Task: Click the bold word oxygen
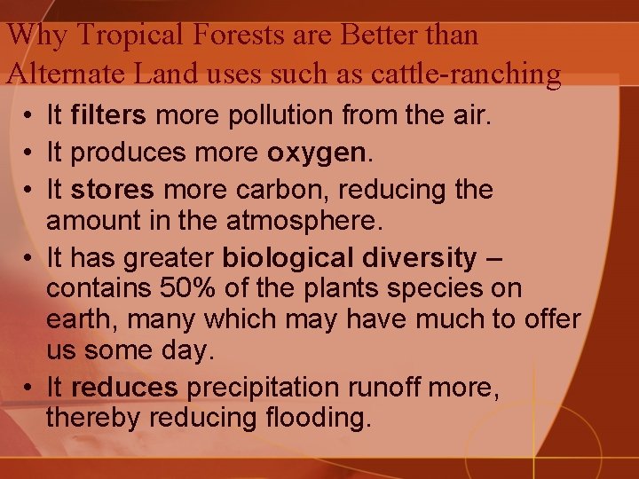(316, 153)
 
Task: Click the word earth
(77, 319)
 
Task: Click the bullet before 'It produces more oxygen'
(29, 153)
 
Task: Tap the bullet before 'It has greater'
(29, 258)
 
